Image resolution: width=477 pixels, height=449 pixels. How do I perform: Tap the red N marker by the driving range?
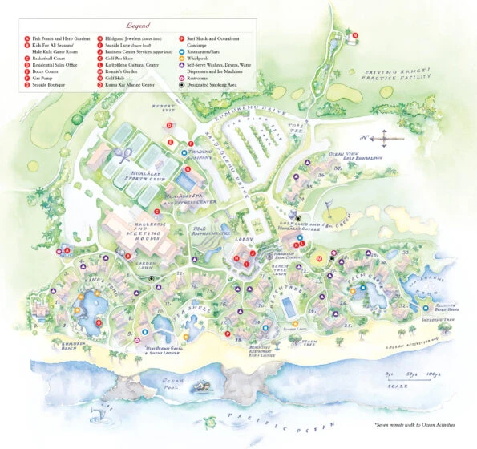click(356, 36)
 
